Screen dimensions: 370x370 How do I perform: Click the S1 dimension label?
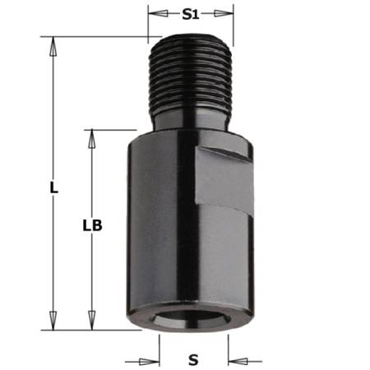point(191,14)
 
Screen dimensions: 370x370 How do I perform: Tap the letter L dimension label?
point(53,187)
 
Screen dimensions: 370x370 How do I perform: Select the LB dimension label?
point(92,224)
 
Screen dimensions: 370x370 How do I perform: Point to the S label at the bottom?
point(193,359)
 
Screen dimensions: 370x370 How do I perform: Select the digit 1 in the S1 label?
point(198,14)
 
